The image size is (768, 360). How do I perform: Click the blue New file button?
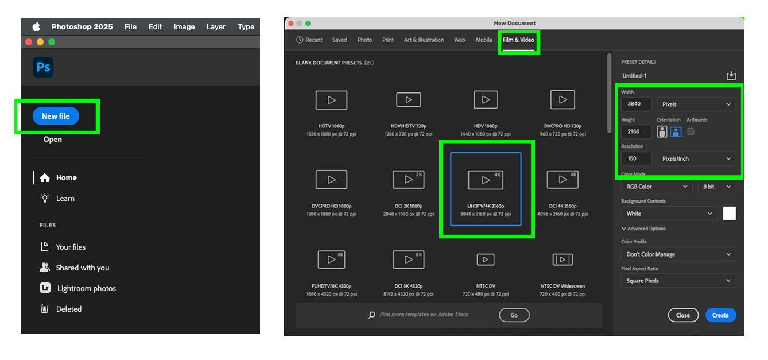56,116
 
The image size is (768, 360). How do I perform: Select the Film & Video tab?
518,40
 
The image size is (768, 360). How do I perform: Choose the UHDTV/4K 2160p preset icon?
486,180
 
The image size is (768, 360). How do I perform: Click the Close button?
683,315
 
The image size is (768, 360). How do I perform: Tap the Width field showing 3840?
637,104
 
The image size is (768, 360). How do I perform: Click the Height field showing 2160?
637,131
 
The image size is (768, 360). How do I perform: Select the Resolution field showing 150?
637,158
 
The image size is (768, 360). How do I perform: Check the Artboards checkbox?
691,131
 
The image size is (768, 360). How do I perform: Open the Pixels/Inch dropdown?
696,158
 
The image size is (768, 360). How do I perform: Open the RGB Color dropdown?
657,187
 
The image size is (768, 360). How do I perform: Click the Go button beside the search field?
514,315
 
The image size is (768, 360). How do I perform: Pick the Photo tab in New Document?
364,40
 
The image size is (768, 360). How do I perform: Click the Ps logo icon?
43,67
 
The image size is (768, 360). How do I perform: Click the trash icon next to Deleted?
45,308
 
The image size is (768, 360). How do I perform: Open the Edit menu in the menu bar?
155,27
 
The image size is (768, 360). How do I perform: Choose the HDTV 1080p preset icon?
331,100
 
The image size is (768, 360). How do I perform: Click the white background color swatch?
730,214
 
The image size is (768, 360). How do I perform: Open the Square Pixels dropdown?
678,281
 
